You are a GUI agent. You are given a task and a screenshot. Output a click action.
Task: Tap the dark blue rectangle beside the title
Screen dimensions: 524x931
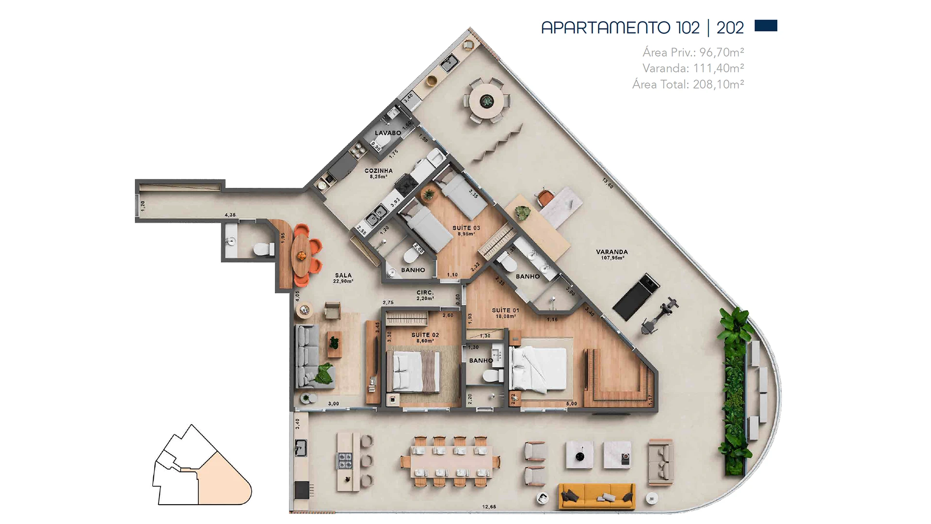click(x=766, y=26)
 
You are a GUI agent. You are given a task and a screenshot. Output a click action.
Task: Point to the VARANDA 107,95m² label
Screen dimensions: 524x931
click(x=612, y=254)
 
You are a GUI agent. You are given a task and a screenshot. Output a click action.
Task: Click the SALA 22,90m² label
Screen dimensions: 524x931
click(x=343, y=278)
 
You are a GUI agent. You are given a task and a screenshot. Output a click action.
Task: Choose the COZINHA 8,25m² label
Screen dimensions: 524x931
click(x=378, y=173)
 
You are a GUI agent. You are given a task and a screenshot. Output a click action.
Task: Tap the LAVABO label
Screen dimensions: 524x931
click(x=387, y=133)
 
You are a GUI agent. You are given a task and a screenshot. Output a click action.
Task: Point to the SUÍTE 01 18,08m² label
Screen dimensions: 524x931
click(x=505, y=313)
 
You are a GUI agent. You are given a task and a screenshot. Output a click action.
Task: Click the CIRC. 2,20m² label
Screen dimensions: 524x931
click(x=425, y=295)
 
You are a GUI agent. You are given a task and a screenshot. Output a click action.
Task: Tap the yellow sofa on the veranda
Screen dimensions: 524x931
click(x=596, y=496)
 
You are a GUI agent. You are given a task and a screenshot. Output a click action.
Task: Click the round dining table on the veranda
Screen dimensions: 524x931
click(x=486, y=101)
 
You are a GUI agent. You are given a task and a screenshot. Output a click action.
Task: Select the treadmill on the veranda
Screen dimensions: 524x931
click(x=635, y=296)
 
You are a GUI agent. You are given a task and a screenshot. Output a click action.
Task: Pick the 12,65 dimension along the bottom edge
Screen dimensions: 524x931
click(x=489, y=507)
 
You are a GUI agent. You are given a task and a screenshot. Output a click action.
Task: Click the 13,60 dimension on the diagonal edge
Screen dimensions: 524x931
click(x=608, y=183)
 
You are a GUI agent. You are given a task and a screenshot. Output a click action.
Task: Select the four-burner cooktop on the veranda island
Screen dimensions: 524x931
click(x=345, y=460)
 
